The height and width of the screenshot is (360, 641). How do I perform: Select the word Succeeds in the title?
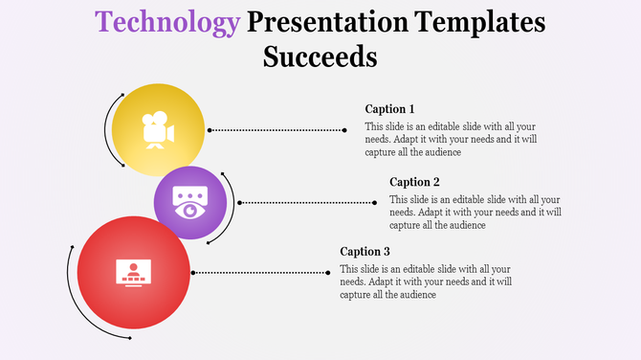pos(320,56)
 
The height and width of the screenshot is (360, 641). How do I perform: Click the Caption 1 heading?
pos(389,109)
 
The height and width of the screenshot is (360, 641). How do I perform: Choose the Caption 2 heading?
pos(414,182)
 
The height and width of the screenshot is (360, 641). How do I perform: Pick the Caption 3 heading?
pos(365,252)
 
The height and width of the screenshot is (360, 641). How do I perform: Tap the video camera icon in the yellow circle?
pos(157,131)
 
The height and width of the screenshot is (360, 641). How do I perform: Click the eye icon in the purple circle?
pos(189,204)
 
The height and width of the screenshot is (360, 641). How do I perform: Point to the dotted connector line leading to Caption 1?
pos(277,129)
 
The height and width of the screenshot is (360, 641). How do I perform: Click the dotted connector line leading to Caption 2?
pos(306,202)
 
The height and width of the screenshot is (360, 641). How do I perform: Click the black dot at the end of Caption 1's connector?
pos(344,129)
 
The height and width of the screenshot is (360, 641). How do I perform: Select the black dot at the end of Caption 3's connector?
pos(324,272)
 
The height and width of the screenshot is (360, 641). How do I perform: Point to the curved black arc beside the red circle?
pos(70,287)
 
